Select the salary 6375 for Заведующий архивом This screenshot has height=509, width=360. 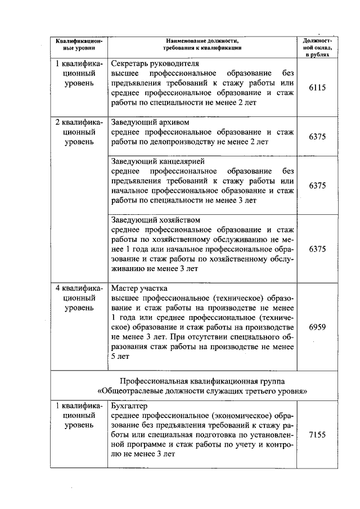(x=317, y=137)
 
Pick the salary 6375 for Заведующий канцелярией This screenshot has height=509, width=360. (x=317, y=185)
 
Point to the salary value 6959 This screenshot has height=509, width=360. (x=317, y=327)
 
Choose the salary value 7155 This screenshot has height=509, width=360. (x=317, y=435)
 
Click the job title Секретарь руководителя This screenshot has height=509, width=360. (x=147, y=64)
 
